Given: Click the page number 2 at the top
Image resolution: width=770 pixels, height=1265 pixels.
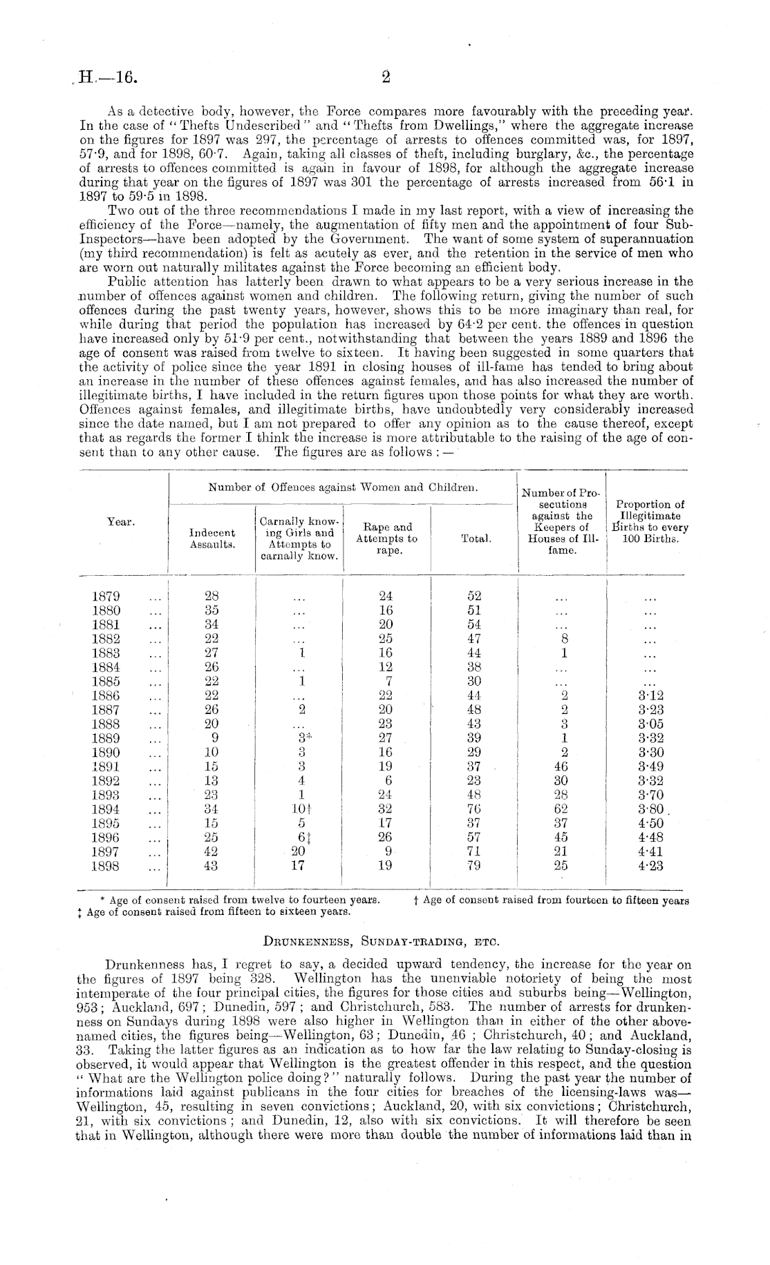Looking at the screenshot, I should pos(386,77).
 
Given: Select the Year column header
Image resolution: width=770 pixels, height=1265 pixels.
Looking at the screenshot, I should pos(120,522).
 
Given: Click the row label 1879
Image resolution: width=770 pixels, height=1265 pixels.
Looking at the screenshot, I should pos(106,596).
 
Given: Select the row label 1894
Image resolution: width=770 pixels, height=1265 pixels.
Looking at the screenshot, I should pos(106,809).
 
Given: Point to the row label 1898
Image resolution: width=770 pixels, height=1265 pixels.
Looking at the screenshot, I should pos(106,865).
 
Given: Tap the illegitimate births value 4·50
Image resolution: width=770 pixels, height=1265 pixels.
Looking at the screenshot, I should pos(650,823).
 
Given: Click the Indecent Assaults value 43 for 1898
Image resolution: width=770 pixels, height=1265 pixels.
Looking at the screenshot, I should pos(212,865).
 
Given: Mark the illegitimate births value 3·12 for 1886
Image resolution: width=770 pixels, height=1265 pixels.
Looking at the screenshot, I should pos(650,695).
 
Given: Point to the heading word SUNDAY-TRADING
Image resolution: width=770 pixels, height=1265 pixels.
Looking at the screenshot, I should pos(407,940).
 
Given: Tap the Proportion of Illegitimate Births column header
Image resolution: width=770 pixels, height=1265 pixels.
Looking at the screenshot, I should pos(650,522).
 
